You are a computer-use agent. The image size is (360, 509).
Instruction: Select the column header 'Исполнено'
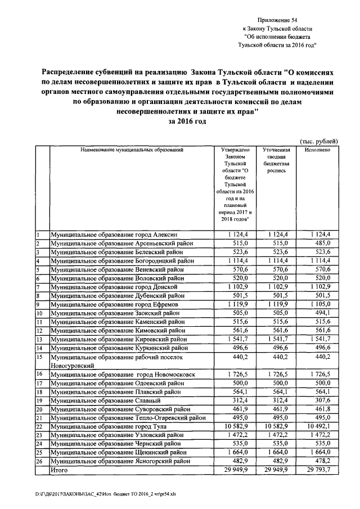(317, 151)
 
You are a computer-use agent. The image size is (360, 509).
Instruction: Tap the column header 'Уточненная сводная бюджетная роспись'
(276, 160)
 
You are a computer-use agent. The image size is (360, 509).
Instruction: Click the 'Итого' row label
(60, 469)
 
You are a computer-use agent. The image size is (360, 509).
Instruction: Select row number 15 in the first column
(40, 357)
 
